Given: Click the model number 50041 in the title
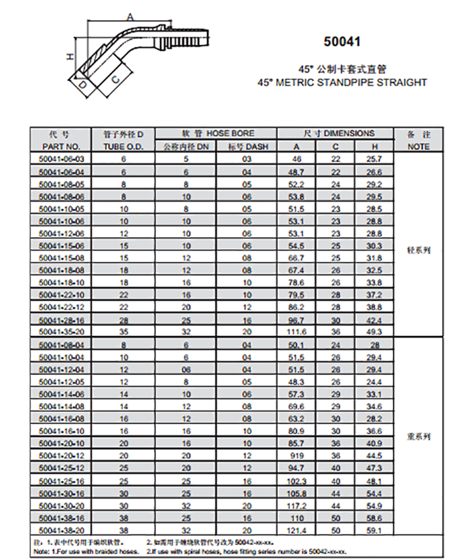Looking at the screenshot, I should coord(342,42).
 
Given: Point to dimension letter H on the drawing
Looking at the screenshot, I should coord(70,56).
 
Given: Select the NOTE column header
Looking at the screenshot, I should coord(419,146).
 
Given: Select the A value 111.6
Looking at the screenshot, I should coord(296,332).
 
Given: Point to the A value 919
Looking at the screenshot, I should coord(296,455).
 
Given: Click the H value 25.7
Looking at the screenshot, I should coord(375,159).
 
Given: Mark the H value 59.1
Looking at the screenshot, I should coord(375,530).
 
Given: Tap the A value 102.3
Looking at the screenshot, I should coord(296,480).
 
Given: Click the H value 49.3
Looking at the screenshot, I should coord(375,332).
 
